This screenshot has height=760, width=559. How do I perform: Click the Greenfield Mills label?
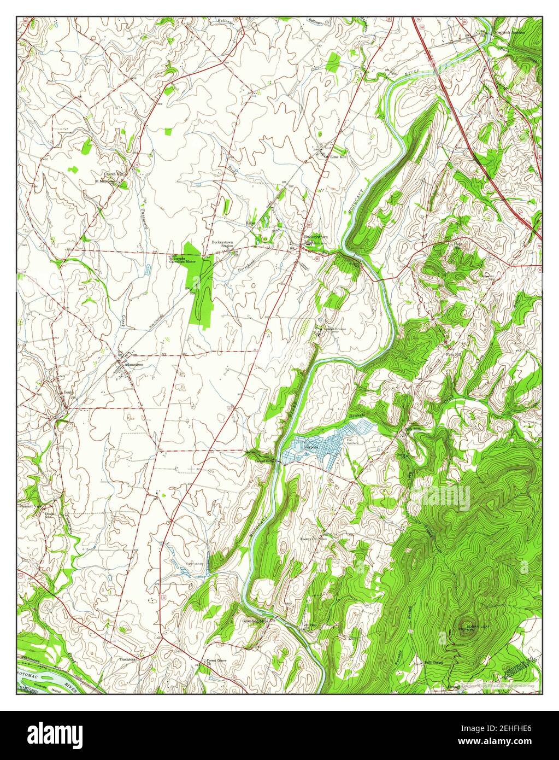pos(256,622)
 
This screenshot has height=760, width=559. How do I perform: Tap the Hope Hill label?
pos(458,245)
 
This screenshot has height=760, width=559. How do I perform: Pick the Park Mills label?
pos(414,429)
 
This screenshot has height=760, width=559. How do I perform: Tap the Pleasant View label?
pos(30,506)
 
